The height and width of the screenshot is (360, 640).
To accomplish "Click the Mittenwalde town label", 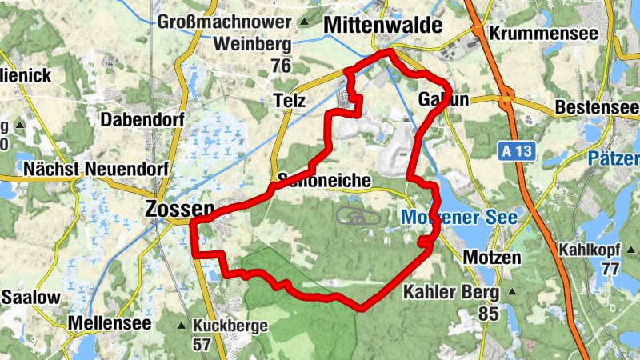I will [x=382, y=26].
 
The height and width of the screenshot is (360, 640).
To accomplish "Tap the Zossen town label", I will [x=179, y=210].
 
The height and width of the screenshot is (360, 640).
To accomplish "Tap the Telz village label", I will [x=290, y=102].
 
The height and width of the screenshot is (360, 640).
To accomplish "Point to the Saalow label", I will [x=30, y=298].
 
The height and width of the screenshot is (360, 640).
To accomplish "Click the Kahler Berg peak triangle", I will [x=511, y=292].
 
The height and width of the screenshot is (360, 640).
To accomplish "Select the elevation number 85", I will [x=489, y=314].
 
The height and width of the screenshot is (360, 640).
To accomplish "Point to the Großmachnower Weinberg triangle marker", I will [x=302, y=22].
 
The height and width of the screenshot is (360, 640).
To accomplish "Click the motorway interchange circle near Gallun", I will [x=506, y=100].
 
